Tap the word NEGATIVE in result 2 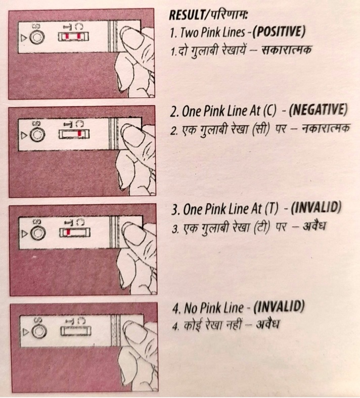[x=318, y=111]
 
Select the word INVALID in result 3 [x=316, y=208]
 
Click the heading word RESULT [x=185, y=15]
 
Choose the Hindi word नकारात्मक [x=326, y=129]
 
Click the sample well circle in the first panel [x=37, y=37]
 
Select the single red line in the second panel [x=80, y=133]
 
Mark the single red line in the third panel [x=68, y=232]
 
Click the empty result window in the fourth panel [x=76, y=331]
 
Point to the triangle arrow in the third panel [x=25, y=233]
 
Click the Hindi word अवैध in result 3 [x=314, y=225]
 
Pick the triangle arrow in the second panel [x=24, y=135]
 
